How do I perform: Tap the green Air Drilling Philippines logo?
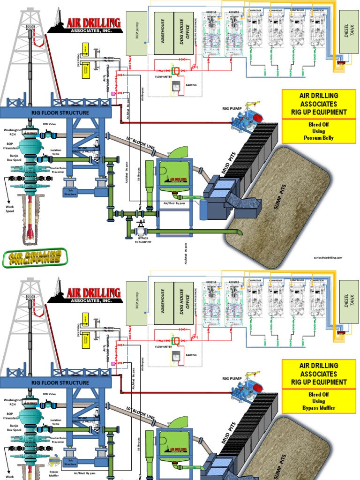[35, 257]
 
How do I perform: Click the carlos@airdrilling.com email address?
[328, 257]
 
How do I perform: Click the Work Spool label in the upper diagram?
[10, 208]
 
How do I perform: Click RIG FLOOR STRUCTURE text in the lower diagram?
[60, 382]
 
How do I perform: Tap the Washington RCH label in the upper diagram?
[13, 133]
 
